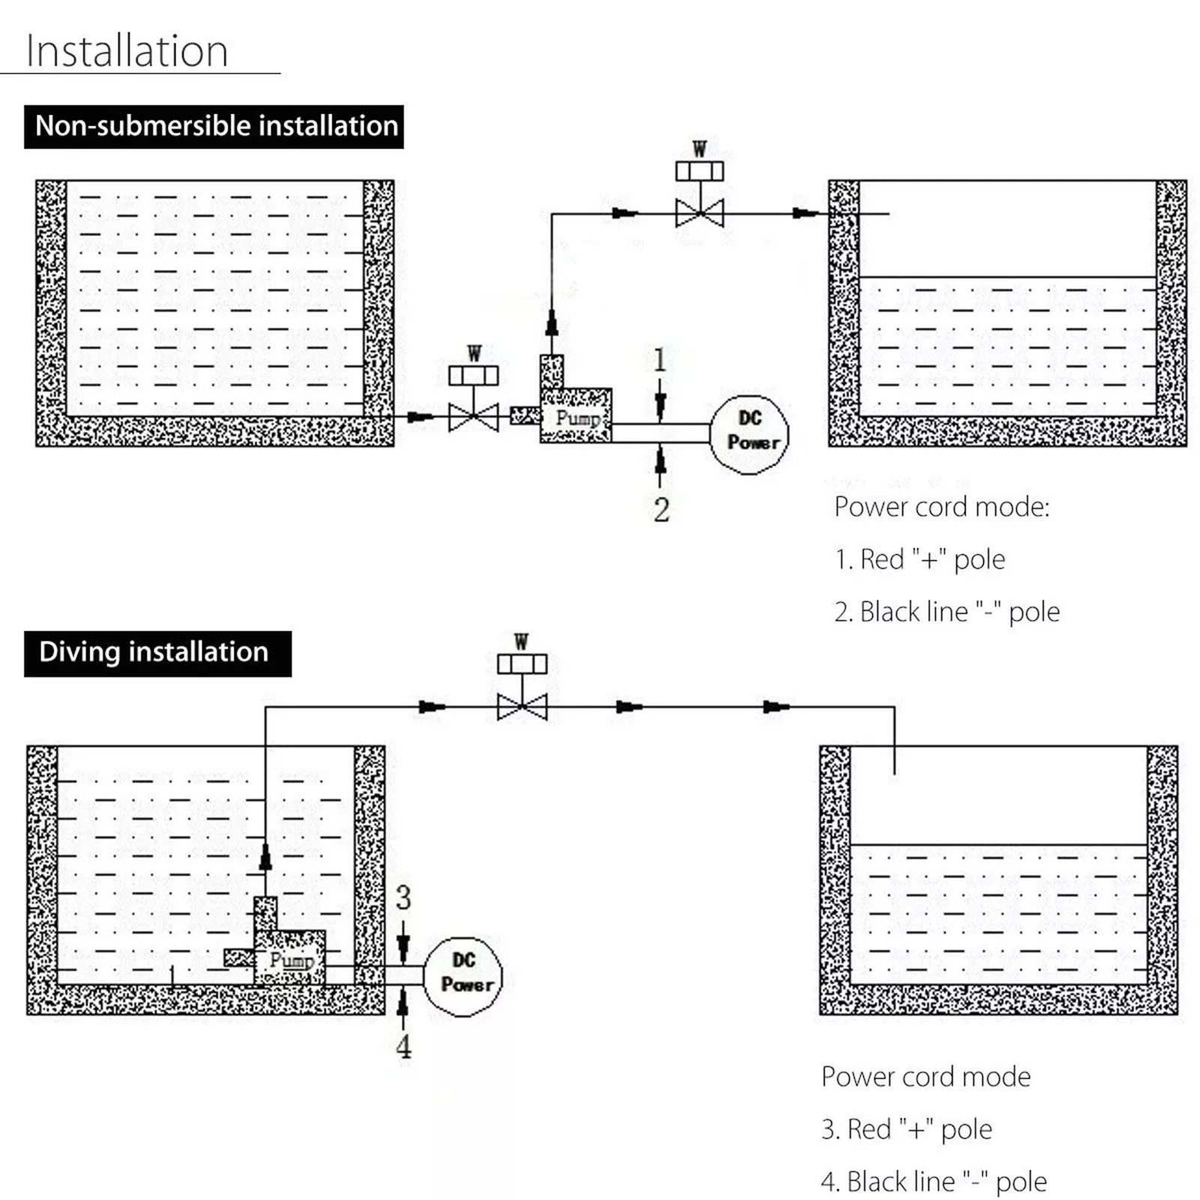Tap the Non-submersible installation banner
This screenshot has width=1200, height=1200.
pos(214,126)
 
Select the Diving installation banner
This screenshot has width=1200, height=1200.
pos(157,653)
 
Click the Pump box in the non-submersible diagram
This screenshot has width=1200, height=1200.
pos(576,417)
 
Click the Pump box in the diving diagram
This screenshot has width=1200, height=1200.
pos(291,959)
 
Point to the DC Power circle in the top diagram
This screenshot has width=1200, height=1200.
pos(750,434)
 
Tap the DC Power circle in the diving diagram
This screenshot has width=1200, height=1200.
pos(463,975)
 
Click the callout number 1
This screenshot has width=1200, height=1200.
pos(660,361)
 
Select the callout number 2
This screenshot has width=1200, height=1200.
pos(661,510)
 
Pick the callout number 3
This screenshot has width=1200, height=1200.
pos(403,897)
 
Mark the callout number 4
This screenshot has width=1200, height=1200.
pos(403,1046)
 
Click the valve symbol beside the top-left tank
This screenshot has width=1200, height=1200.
pos(473,417)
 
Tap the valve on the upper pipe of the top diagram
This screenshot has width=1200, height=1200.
pos(699,213)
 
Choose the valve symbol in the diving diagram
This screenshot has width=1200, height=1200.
pos(522,706)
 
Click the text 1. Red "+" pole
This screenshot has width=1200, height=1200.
pos(920,559)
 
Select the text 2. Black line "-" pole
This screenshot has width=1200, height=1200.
pos(947,612)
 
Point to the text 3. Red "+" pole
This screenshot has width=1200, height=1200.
pos(906,1129)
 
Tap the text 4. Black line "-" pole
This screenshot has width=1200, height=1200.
pos(933,1181)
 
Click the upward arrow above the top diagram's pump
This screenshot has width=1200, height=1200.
pos(552,323)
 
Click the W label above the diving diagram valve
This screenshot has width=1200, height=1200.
pos(522,642)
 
